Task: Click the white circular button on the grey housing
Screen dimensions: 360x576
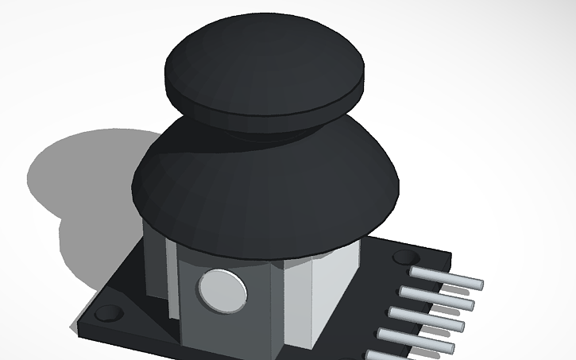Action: coord(221,288)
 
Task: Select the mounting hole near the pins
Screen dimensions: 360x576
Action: coord(406,258)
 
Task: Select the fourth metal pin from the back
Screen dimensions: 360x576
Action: coord(424,339)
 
